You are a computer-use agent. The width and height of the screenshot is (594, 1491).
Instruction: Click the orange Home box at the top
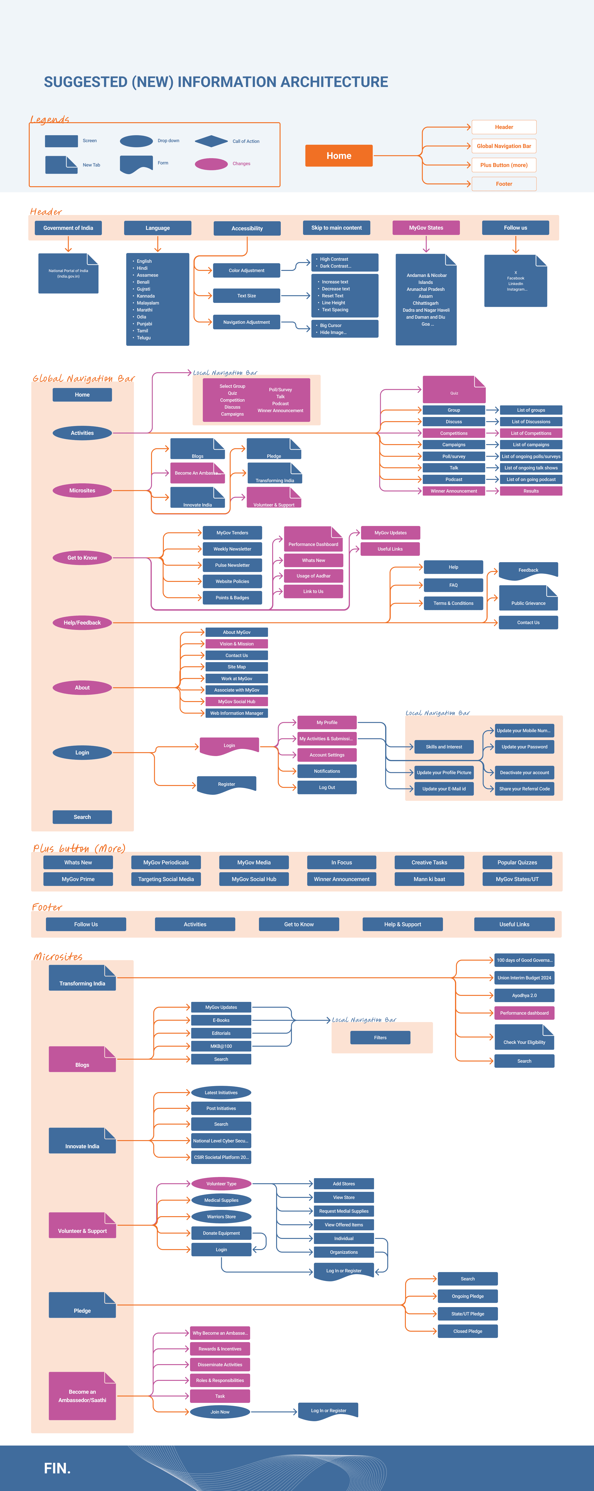(339, 156)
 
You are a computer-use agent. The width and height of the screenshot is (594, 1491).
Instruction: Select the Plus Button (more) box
(504, 165)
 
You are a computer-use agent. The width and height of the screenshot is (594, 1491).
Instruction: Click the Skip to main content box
(336, 228)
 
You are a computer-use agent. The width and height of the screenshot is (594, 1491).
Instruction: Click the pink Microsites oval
(82, 491)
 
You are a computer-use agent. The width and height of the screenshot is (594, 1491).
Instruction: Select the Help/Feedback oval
(82, 623)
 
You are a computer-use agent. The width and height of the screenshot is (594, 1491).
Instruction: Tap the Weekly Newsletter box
(232, 549)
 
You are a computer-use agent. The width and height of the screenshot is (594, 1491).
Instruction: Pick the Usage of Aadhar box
(313, 576)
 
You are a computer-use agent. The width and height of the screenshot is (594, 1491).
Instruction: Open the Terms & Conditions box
(453, 603)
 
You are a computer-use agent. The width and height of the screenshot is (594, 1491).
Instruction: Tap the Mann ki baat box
(429, 879)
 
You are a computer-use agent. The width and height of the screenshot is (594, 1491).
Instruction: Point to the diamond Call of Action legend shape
(211, 141)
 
